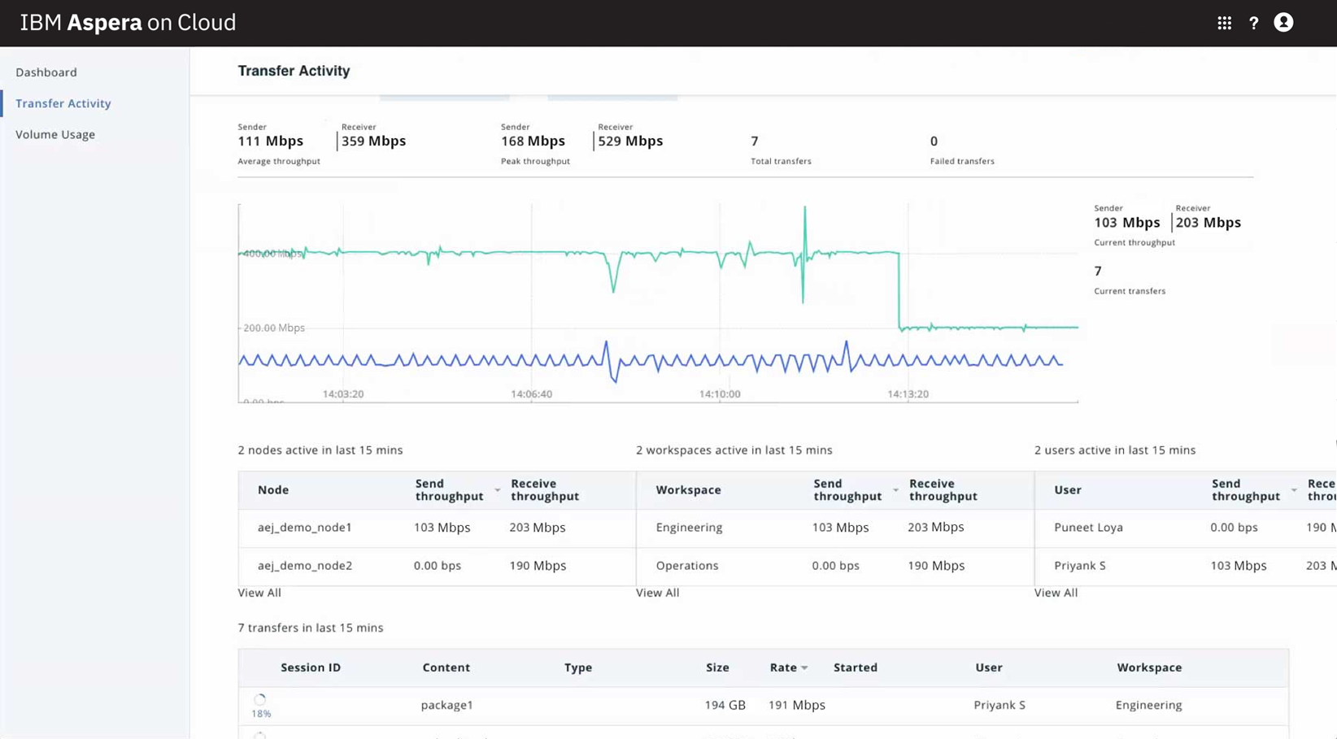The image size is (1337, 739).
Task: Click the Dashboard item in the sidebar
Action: point(46,72)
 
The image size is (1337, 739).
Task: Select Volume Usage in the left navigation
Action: point(55,134)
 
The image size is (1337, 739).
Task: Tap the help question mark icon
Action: point(1253,23)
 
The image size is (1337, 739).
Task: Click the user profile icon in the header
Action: point(1283,23)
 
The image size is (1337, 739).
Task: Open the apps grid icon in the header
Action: point(1224,23)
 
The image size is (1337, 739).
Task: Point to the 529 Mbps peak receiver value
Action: point(630,141)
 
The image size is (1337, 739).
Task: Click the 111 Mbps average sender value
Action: point(270,141)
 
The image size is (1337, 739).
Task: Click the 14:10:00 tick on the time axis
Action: point(720,394)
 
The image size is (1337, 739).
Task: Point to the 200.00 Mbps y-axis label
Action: point(274,328)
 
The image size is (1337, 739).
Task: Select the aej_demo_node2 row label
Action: point(305,566)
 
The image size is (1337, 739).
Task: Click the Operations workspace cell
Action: point(687,566)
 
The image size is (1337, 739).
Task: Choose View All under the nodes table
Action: point(259,593)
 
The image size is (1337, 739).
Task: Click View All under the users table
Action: point(1056,593)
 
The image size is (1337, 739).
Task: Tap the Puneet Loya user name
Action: point(1088,527)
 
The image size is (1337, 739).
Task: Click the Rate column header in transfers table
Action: point(784,667)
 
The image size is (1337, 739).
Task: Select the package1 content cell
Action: point(446,705)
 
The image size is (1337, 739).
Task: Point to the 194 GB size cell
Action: point(725,705)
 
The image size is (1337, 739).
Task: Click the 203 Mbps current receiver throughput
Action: point(1208,222)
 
